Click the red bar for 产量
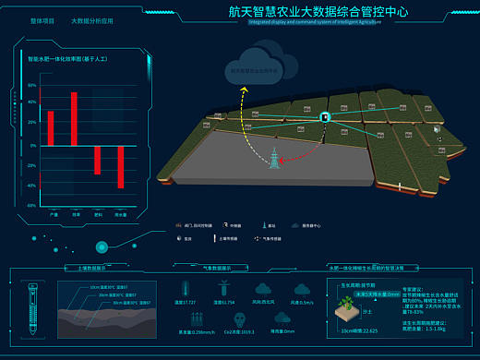click(x=51, y=128)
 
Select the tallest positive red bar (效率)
click(x=74, y=119)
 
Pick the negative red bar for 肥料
click(x=97, y=160)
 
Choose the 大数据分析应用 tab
click(x=91, y=19)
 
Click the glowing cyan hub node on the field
click(x=324, y=117)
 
